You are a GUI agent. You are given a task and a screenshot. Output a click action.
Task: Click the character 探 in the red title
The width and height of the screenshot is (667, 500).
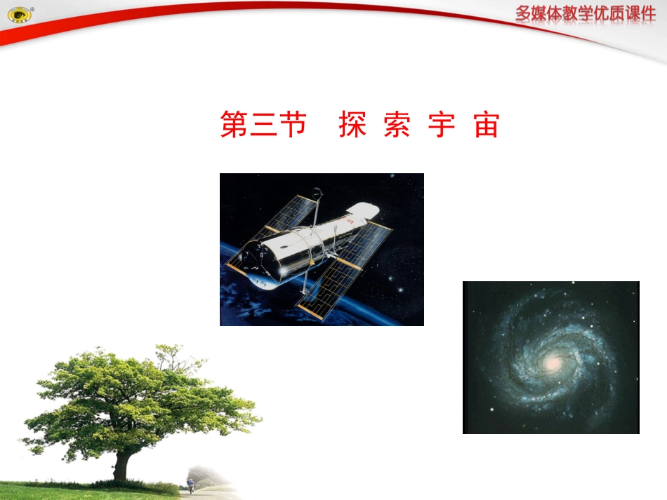[353, 124]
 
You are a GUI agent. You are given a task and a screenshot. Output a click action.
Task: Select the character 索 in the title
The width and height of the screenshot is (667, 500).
[397, 124]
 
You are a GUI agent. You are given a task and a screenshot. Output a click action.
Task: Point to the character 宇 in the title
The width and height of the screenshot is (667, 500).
[442, 124]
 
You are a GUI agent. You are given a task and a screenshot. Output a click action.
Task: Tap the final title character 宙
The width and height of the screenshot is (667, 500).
[486, 124]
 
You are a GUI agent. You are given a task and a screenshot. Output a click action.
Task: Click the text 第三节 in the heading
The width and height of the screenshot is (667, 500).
[264, 124]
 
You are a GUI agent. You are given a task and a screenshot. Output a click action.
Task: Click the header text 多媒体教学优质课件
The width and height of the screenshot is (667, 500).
[586, 15]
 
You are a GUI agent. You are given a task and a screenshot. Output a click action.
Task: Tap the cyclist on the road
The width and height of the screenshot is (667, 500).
[190, 486]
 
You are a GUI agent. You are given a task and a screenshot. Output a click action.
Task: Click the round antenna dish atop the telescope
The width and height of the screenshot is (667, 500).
[317, 191]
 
